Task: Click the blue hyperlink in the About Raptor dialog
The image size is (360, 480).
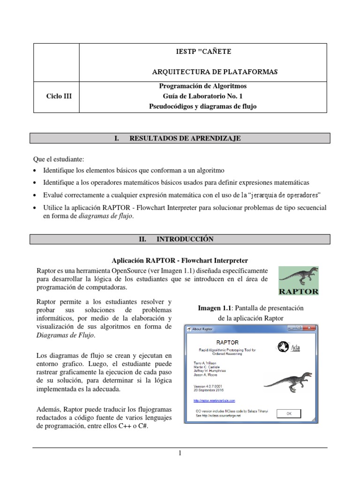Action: (x=214, y=401)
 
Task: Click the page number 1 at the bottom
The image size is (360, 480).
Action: (x=180, y=453)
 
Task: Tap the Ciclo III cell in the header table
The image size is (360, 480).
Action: (x=56, y=97)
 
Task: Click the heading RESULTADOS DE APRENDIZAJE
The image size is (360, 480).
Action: (x=180, y=138)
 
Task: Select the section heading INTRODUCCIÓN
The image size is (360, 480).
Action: (x=180, y=239)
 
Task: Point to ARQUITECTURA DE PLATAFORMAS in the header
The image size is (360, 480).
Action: (x=215, y=72)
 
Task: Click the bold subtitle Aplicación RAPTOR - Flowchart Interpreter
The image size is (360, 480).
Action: (x=180, y=260)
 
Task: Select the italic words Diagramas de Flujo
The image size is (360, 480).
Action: (x=65, y=335)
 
